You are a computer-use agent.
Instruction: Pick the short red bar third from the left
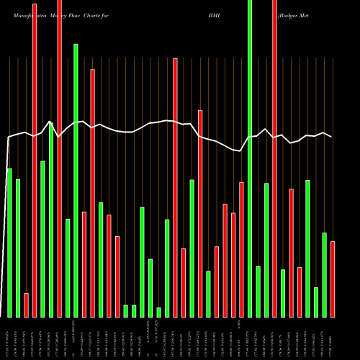[26, 305]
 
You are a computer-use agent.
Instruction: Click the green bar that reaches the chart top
[250, 158]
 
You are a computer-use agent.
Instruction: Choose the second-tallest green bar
[76, 180]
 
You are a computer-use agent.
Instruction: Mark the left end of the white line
[8, 138]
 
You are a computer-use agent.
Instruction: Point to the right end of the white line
[332, 137]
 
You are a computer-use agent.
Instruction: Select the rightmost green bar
[325, 275]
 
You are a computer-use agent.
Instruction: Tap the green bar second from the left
[18, 248]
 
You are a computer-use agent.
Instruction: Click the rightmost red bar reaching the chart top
[274, 158]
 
